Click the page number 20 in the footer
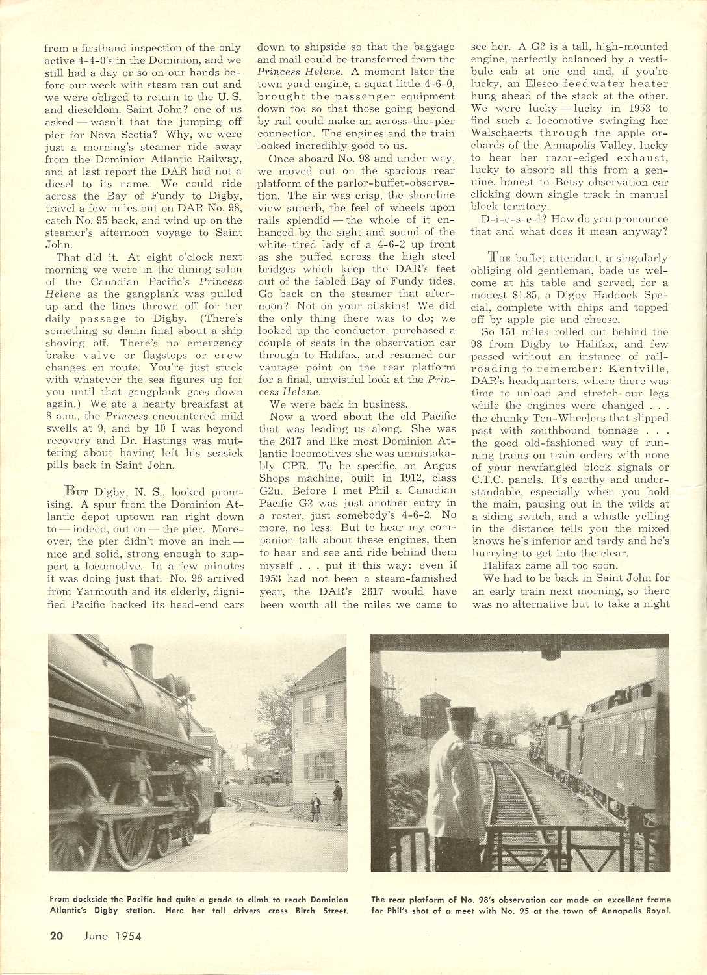[57, 936]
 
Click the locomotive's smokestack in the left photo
[142, 660]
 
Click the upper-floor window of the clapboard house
[318, 708]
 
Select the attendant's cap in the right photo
[461, 714]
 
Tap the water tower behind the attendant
[435, 714]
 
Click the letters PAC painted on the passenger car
[639, 716]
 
